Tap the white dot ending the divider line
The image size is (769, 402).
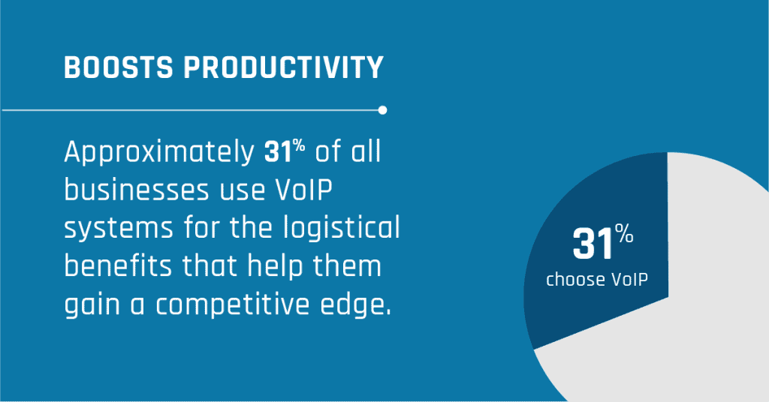[x=383, y=110]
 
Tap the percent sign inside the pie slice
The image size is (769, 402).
[x=626, y=236]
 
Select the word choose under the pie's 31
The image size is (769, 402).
[x=574, y=280]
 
